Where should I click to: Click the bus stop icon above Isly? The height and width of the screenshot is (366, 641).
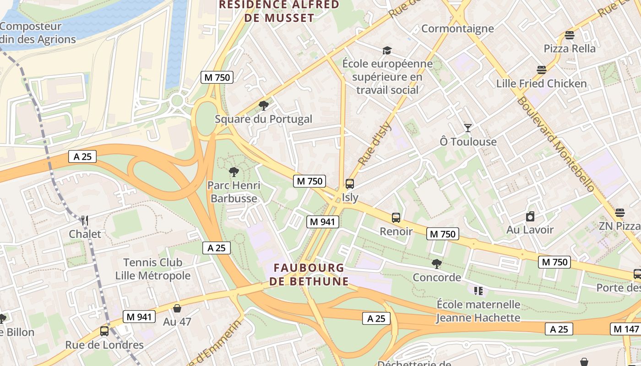pos(350,184)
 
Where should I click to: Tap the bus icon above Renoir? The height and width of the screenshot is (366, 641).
pos(396,218)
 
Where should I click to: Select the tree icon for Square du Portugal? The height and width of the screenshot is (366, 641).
pos(263,106)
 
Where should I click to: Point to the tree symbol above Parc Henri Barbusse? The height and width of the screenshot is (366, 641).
pos(234,172)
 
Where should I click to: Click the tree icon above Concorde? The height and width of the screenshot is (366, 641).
pos(437,264)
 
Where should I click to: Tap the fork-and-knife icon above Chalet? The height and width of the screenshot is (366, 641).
pos(84,221)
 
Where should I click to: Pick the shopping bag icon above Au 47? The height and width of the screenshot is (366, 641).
pos(177,308)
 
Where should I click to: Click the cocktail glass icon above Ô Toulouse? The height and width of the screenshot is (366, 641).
pos(467,128)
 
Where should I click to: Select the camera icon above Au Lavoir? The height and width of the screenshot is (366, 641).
pos(530,216)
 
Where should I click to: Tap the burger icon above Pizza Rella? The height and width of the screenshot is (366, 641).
pos(570,35)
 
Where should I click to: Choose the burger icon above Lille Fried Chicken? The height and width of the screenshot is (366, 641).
pos(542,70)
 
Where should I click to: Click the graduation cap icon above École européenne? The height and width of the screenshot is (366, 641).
pos(387,50)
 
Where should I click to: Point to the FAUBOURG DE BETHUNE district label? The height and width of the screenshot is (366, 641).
pos(309,274)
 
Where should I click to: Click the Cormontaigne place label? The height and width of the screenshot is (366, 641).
pos(457,29)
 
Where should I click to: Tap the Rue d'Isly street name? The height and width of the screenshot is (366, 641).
pos(375,143)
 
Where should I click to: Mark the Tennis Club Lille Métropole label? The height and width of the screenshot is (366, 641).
pos(152,269)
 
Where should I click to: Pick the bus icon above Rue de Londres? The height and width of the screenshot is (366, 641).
pos(104,331)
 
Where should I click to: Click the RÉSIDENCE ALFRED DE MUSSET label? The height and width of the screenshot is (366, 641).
pos(279,11)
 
